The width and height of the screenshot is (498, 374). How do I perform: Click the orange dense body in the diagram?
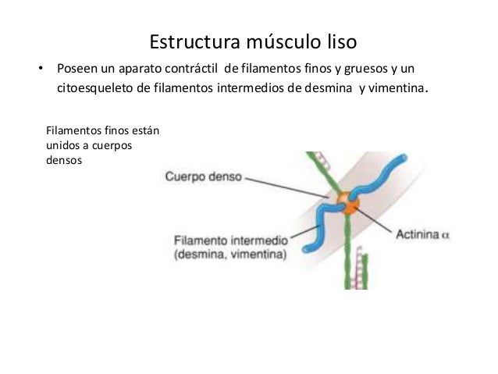tap(348, 205)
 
